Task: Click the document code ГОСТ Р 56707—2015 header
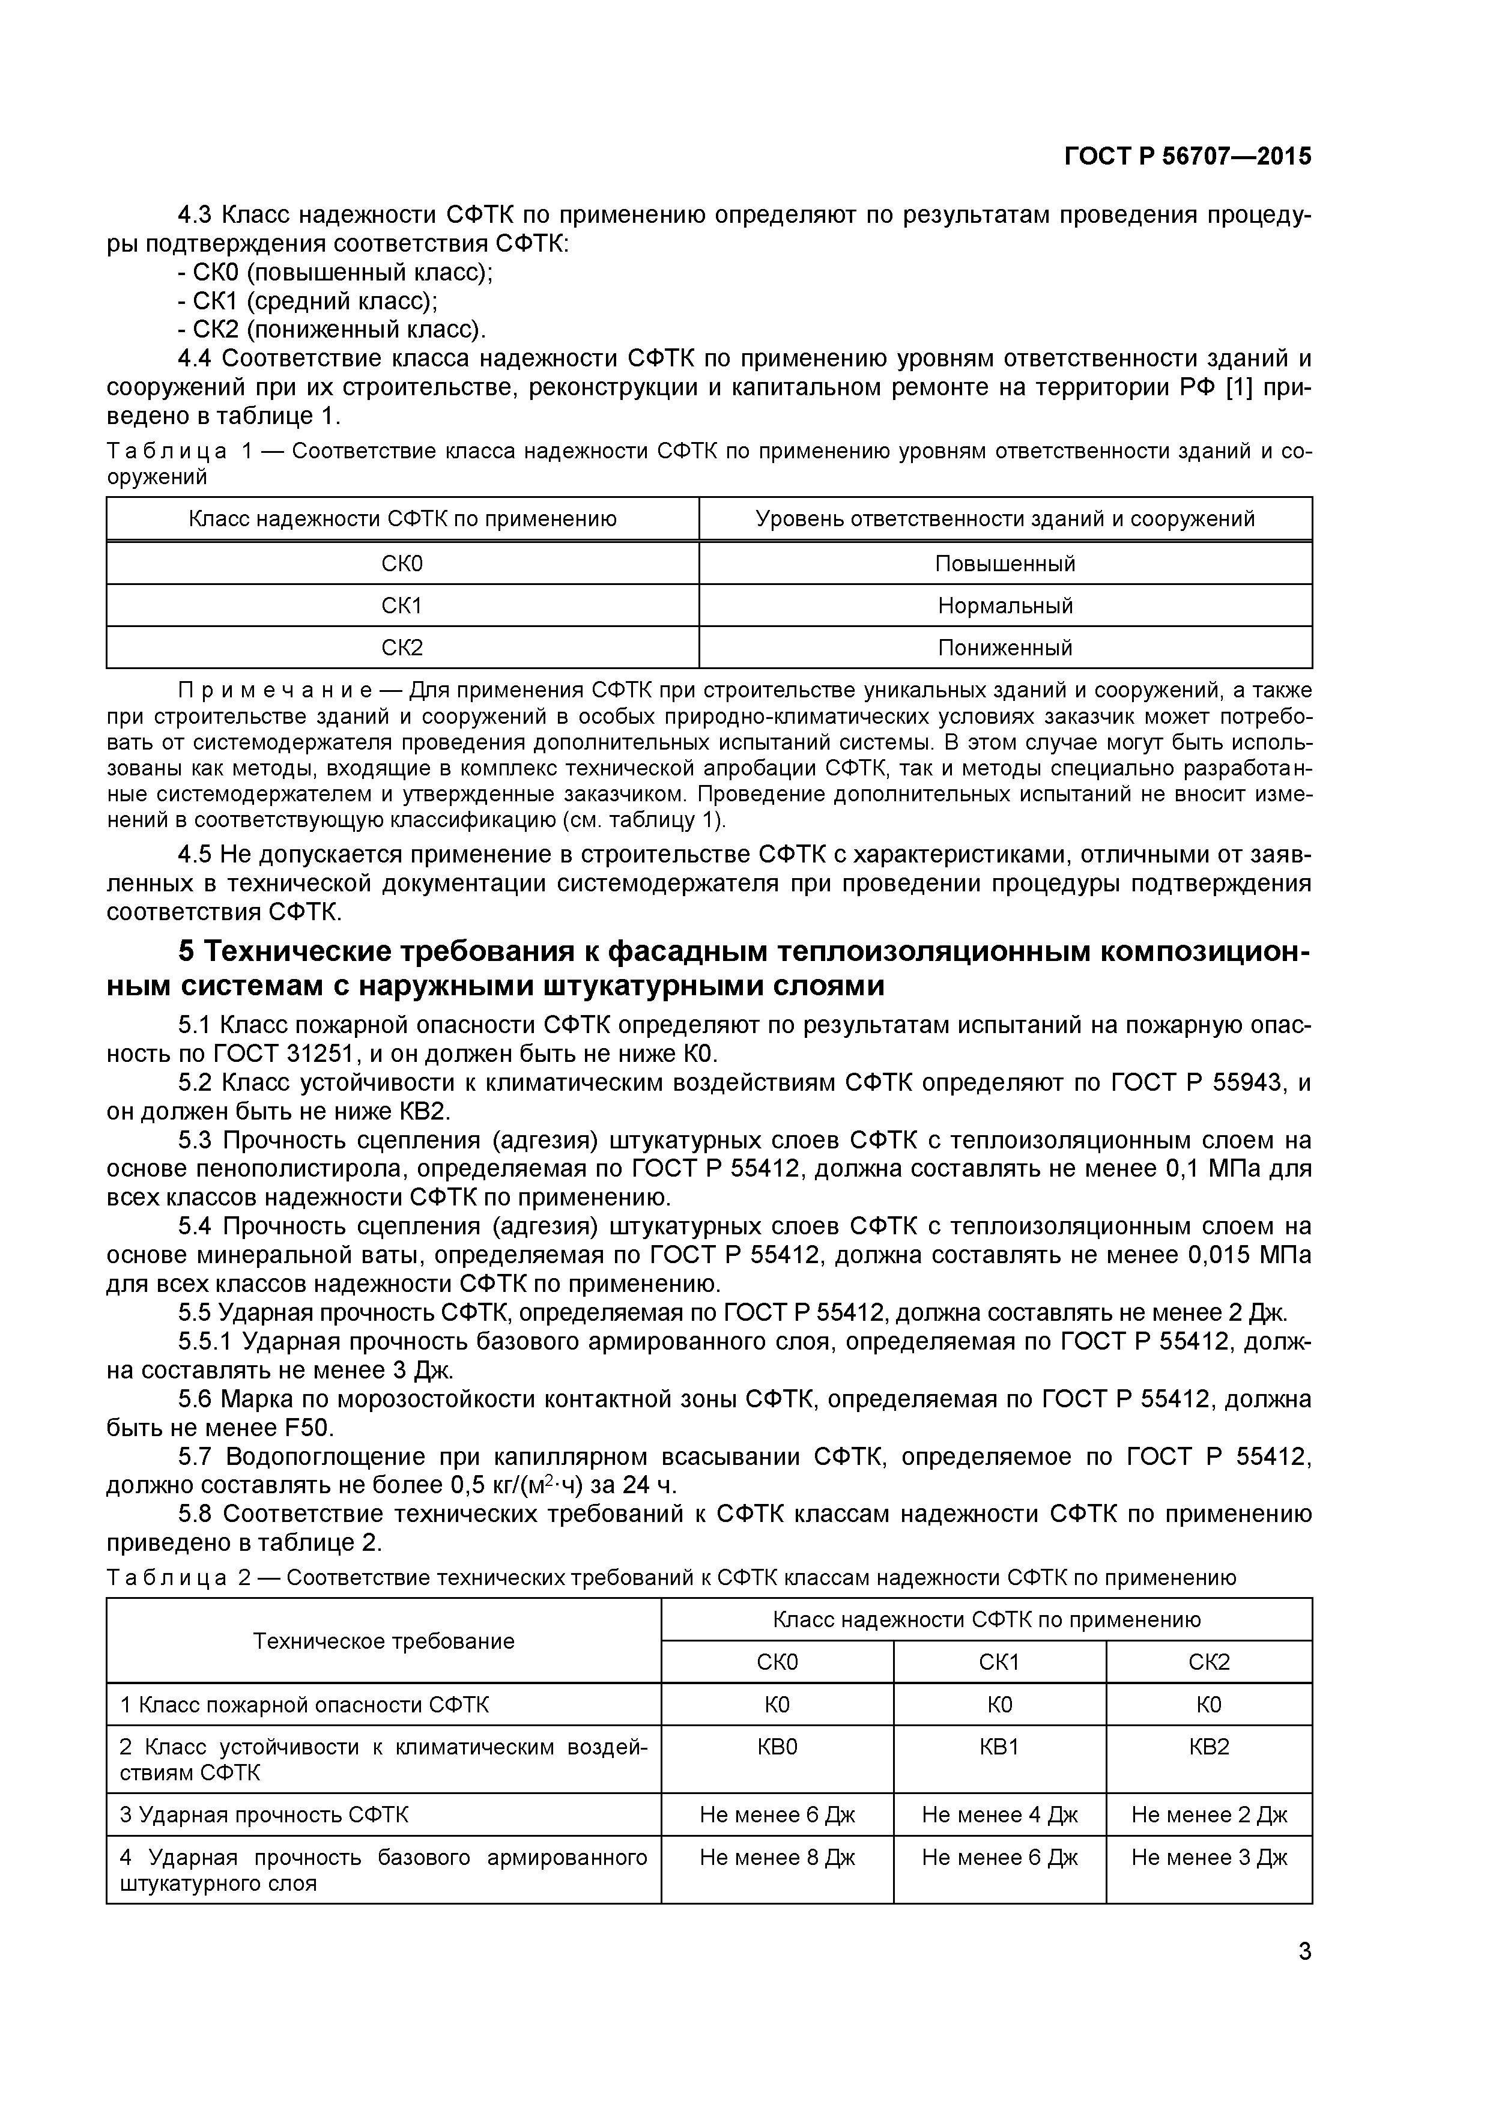1187,157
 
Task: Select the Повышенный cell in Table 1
1005,563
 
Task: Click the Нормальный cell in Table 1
1005,605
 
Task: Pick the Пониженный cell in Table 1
1005,648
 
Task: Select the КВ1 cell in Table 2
999,1747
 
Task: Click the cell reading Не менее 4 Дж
999,1814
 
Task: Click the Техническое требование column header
384,1641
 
